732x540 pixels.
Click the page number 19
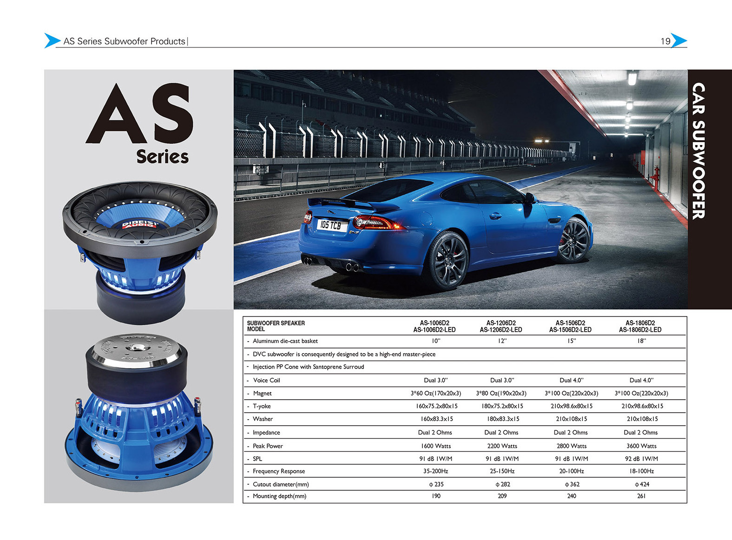666,41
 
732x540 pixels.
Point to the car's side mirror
529,198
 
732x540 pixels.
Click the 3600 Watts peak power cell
641,446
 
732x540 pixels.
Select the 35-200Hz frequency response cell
435,471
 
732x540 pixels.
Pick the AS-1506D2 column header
570,326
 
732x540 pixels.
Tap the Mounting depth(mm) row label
279,496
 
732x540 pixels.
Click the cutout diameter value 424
642,484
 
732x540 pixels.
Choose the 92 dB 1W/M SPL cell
641,459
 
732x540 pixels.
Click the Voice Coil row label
266,380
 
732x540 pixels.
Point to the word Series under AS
162,157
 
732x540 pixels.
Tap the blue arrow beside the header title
52,41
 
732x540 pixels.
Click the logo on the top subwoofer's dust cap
140,225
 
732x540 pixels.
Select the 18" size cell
641,341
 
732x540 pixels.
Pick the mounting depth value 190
436,496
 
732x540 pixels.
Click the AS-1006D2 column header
435,326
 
